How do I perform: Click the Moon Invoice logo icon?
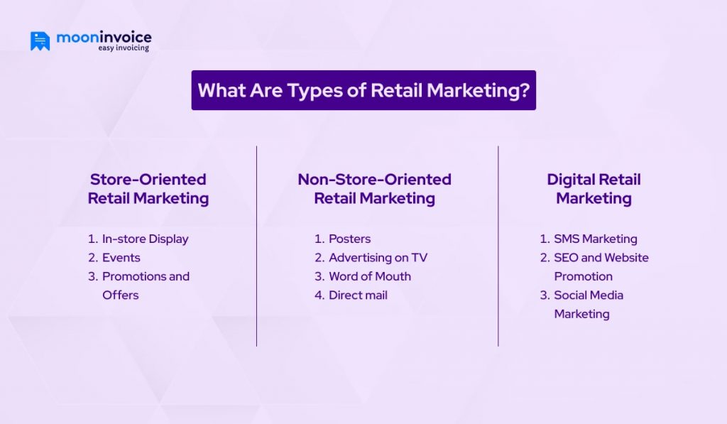coord(40,40)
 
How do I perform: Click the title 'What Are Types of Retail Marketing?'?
coord(363,90)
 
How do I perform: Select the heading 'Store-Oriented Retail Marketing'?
coord(148,189)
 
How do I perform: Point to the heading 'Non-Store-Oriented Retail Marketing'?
coord(374,189)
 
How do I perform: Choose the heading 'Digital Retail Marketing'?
coord(594,189)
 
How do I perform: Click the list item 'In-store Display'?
coord(145,239)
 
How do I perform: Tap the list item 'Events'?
coord(121,257)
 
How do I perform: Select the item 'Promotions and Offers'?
coord(146,285)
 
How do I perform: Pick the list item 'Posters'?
coord(349,239)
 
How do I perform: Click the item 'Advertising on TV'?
coord(378,257)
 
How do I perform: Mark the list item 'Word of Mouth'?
coord(369,276)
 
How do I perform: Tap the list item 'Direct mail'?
coord(358,295)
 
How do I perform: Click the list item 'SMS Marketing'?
coord(595,239)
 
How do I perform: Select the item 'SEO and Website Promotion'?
coord(601,266)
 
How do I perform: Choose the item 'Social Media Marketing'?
coord(588,304)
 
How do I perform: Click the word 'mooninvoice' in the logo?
coord(105,36)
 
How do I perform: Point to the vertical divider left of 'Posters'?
coord(256,246)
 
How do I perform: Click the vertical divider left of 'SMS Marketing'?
coord(498,246)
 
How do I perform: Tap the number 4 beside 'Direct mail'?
coord(319,295)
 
